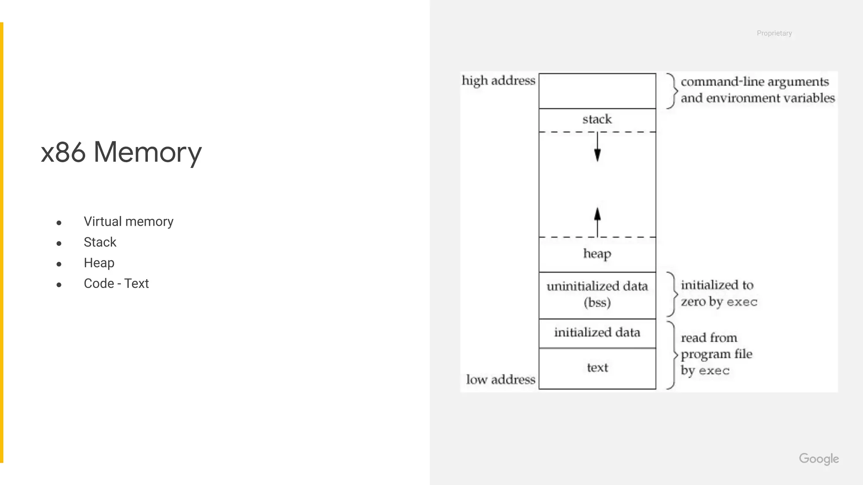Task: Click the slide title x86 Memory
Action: [121, 152]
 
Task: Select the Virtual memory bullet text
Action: [129, 221]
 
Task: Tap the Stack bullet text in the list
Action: [100, 242]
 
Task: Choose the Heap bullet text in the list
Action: [99, 263]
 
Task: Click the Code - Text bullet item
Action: [116, 283]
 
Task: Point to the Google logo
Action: [819, 458]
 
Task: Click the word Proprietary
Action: [774, 33]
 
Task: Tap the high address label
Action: [499, 80]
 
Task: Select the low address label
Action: [501, 379]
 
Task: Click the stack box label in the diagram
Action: [597, 120]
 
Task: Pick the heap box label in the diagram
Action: [597, 254]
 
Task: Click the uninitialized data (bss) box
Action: [597, 294]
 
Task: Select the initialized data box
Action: [597, 333]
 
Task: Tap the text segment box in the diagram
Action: [597, 368]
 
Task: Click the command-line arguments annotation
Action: [757, 90]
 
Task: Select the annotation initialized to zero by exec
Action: [719, 293]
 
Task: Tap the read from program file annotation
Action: [716, 354]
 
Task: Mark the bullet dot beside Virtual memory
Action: [59, 223]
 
